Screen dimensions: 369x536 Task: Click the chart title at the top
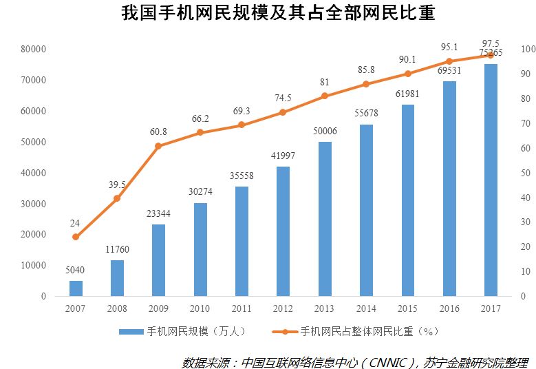(x=268, y=14)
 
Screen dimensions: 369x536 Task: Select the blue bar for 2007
(x=76, y=288)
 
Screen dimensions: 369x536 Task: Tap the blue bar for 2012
(x=283, y=231)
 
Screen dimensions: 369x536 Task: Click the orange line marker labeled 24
(x=76, y=237)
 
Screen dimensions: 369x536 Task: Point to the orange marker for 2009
(x=158, y=146)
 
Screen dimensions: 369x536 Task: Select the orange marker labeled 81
(x=325, y=96)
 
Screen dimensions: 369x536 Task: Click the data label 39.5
(x=117, y=184)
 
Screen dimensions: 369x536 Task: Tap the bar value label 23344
(x=158, y=214)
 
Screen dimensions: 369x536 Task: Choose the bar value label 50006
(x=325, y=131)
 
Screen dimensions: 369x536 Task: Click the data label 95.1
(x=449, y=48)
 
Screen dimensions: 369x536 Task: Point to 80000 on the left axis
(x=33, y=50)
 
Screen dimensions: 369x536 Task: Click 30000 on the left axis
(x=33, y=204)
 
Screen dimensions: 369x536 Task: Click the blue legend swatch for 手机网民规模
(x=131, y=332)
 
